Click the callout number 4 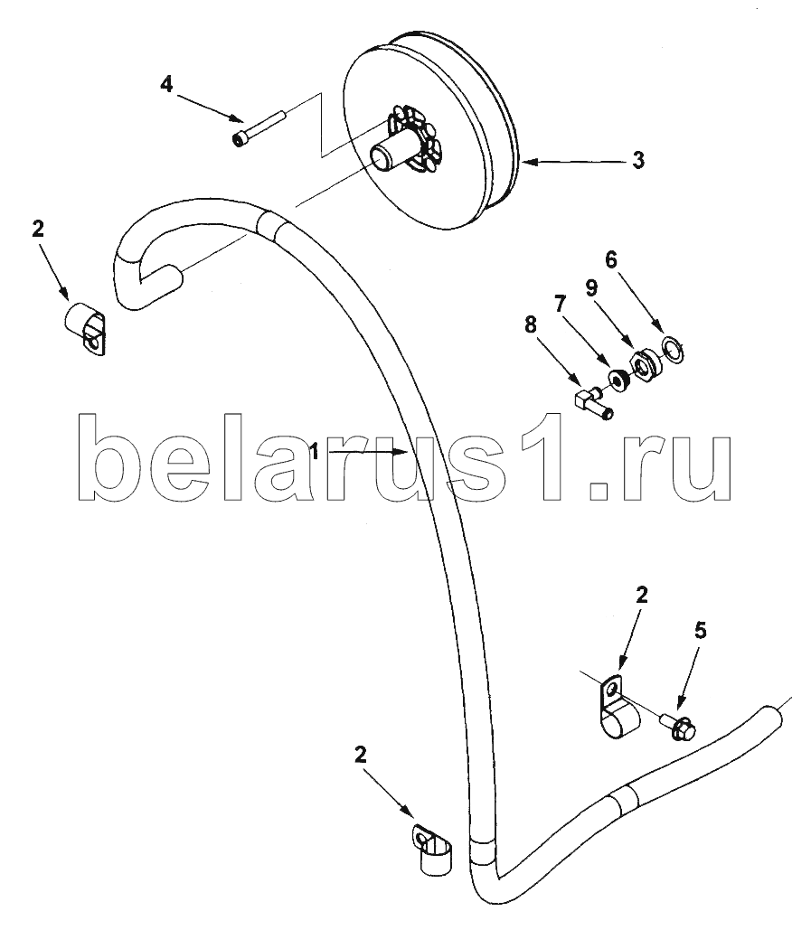tap(166, 84)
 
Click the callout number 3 tap(637, 160)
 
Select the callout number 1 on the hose tap(315, 453)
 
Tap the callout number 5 tap(701, 631)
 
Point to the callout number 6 tap(611, 259)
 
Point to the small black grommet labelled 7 tap(618, 380)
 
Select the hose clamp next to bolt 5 tap(617, 707)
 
